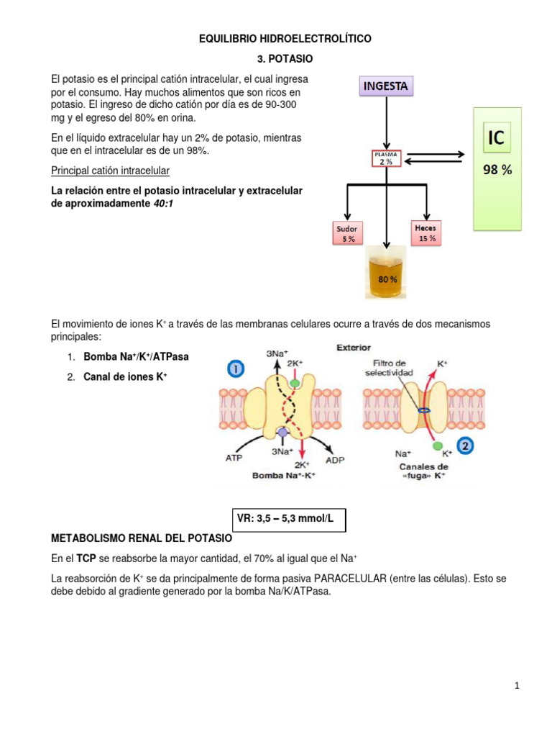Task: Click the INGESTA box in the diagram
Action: pos(386,86)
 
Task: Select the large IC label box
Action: pos(497,137)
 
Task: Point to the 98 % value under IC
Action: pos(497,171)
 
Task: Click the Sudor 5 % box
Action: pos(347,234)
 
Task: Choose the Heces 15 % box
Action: pos(428,232)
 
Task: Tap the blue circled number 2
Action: pos(466,447)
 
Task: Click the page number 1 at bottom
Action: pos(516,687)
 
